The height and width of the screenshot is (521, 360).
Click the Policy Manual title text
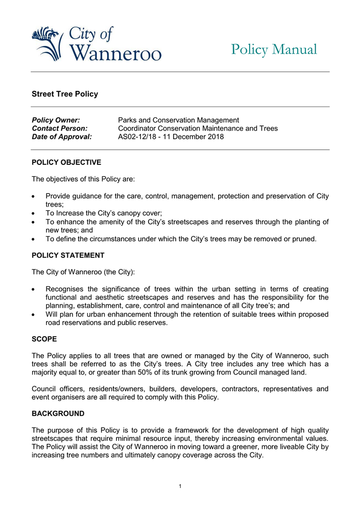(x=274, y=49)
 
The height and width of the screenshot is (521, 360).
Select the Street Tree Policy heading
(x=65, y=94)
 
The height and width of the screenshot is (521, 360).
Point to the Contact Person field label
(x=59, y=128)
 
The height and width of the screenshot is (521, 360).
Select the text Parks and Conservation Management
(x=178, y=120)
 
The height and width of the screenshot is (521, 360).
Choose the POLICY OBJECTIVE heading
(x=66, y=162)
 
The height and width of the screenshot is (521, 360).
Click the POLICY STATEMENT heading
(x=68, y=255)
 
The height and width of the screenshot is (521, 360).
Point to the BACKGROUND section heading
(x=58, y=413)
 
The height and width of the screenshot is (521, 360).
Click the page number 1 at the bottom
(x=180, y=486)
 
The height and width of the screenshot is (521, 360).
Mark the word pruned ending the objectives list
(x=304, y=238)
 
